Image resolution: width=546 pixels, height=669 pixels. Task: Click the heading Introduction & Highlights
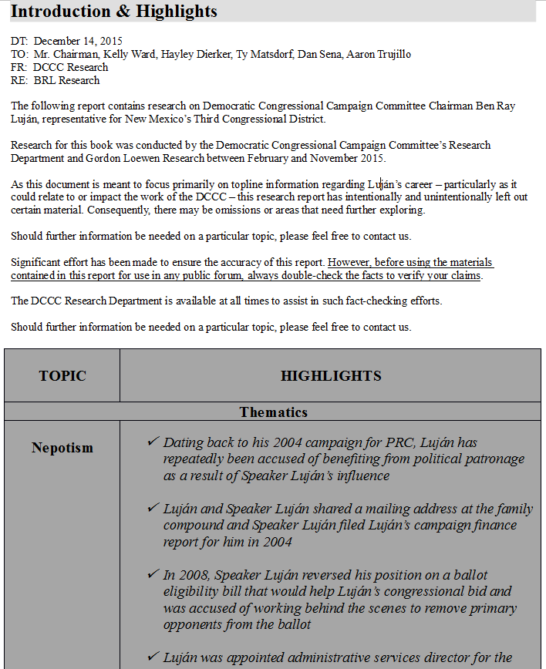[114, 12]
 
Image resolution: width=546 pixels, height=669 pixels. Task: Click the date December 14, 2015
[78, 41]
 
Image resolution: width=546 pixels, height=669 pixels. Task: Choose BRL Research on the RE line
[66, 80]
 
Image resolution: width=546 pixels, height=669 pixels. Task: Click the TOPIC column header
[62, 376]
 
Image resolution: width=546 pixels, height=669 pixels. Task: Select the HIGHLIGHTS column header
[331, 376]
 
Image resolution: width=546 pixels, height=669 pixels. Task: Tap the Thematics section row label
[273, 412]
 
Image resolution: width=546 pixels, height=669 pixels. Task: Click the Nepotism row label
[62, 448]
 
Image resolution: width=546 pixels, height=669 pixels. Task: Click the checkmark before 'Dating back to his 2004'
[153, 442]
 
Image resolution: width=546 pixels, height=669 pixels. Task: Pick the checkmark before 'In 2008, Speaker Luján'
[153, 574]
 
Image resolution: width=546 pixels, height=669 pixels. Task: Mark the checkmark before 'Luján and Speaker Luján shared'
[153, 508]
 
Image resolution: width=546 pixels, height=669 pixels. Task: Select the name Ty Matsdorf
[267, 54]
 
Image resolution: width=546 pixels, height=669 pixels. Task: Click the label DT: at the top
[20, 41]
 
